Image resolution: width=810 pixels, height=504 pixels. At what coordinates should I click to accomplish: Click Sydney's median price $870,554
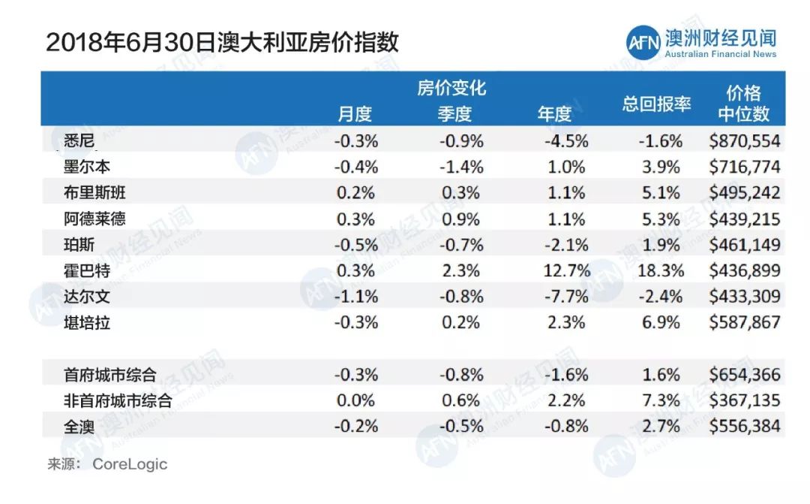(x=744, y=140)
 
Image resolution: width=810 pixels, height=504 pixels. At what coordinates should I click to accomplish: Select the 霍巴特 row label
(x=87, y=270)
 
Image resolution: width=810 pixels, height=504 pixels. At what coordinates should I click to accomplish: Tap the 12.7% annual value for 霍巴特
(x=566, y=270)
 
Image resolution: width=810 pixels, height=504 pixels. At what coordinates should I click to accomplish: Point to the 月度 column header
(x=355, y=114)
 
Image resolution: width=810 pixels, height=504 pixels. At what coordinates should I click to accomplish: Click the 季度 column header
(x=454, y=114)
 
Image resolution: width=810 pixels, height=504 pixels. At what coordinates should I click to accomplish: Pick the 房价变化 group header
(x=451, y=89)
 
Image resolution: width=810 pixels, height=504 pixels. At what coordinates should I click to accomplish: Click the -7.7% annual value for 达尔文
(x=566, y=296)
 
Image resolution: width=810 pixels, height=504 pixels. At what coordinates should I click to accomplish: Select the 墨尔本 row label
(x=87, y=167)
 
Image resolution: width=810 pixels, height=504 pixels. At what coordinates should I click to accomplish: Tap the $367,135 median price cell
(x=744, y=400)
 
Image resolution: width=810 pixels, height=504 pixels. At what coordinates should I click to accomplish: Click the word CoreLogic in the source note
(x=130, y=464)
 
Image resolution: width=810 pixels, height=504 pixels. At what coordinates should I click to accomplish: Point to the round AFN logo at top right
(x=643, y=42)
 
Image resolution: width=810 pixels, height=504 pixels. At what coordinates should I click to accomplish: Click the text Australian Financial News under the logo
(x=721, y=54)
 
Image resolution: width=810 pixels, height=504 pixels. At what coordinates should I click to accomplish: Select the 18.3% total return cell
(x=661, y=270)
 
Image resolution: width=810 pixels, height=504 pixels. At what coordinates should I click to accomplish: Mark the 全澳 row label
(x=79, y=427)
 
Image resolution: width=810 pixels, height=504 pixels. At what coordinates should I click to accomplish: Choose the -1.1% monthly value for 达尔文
(x=356, y=296)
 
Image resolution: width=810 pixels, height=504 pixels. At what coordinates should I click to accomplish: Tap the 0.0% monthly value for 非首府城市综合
(x=356, y=400)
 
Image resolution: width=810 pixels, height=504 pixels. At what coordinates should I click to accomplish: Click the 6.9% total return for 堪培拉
(x=661, y=322)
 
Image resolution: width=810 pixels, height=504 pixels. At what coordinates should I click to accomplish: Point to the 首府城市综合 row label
(x=110, y=375)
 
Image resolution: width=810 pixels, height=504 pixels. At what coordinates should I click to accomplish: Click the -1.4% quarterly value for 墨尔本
(x=460, y=167)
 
